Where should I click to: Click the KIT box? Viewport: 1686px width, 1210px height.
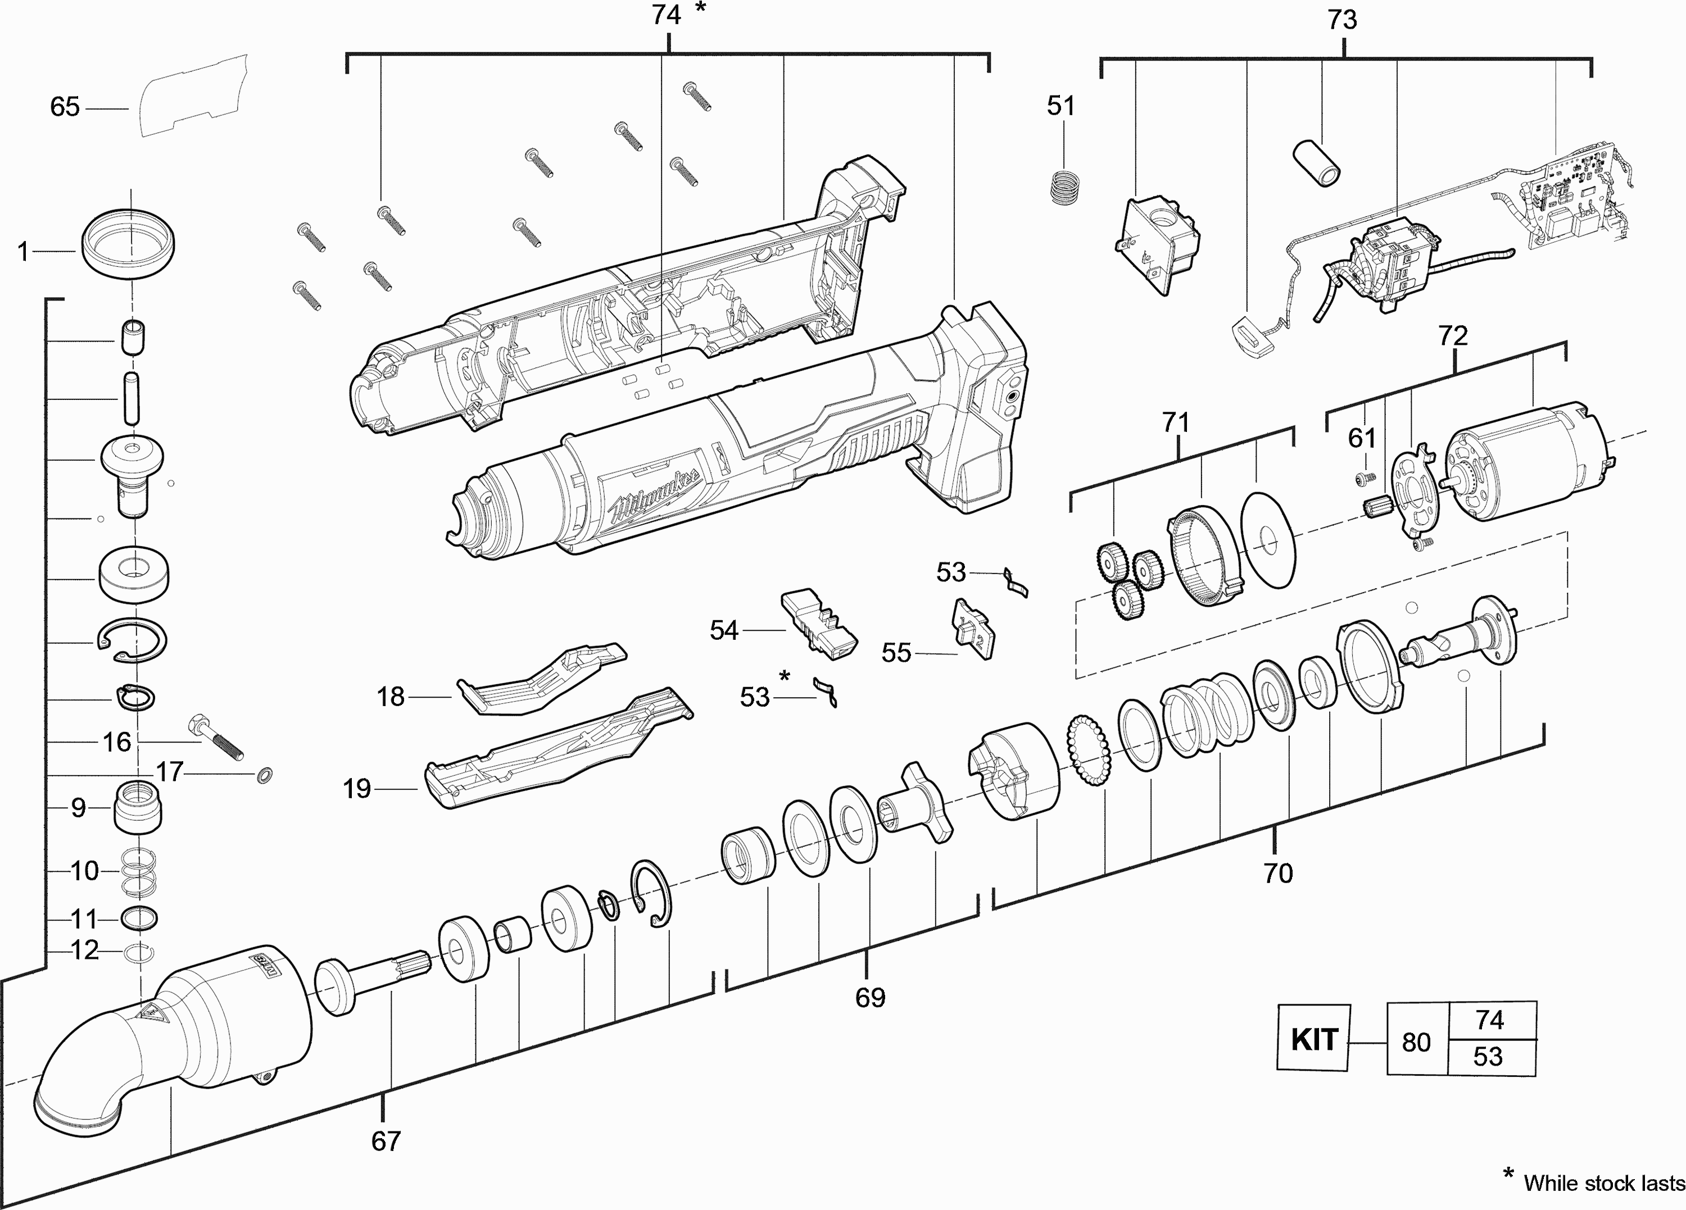(x=1313, y=1038)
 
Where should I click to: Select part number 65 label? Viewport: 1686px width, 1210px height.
(x=65, y=107)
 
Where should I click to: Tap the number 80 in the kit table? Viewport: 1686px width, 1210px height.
(x=1416, y=1042)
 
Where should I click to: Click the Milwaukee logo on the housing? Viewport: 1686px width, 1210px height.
(x=654, y=497)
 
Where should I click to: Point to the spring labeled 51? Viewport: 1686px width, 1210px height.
(x=1064, y=196)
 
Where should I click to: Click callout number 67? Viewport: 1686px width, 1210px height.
(x=386, y=1141)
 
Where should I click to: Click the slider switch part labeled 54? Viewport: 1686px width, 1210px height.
(x=818, y=624)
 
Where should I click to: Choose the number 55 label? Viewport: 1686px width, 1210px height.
(x=896, y=653)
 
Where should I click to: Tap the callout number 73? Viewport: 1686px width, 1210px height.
(x=1343, y=20)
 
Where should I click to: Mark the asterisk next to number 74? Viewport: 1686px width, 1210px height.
(x=700, y=9)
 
